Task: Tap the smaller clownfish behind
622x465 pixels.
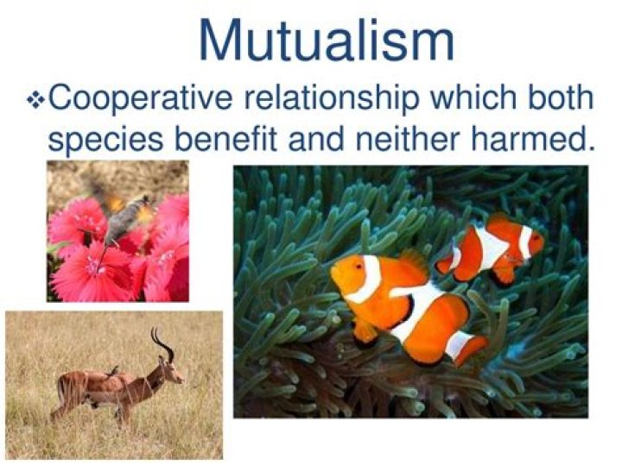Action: pos(492,247)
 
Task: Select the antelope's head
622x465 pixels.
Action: pos(171,373)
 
